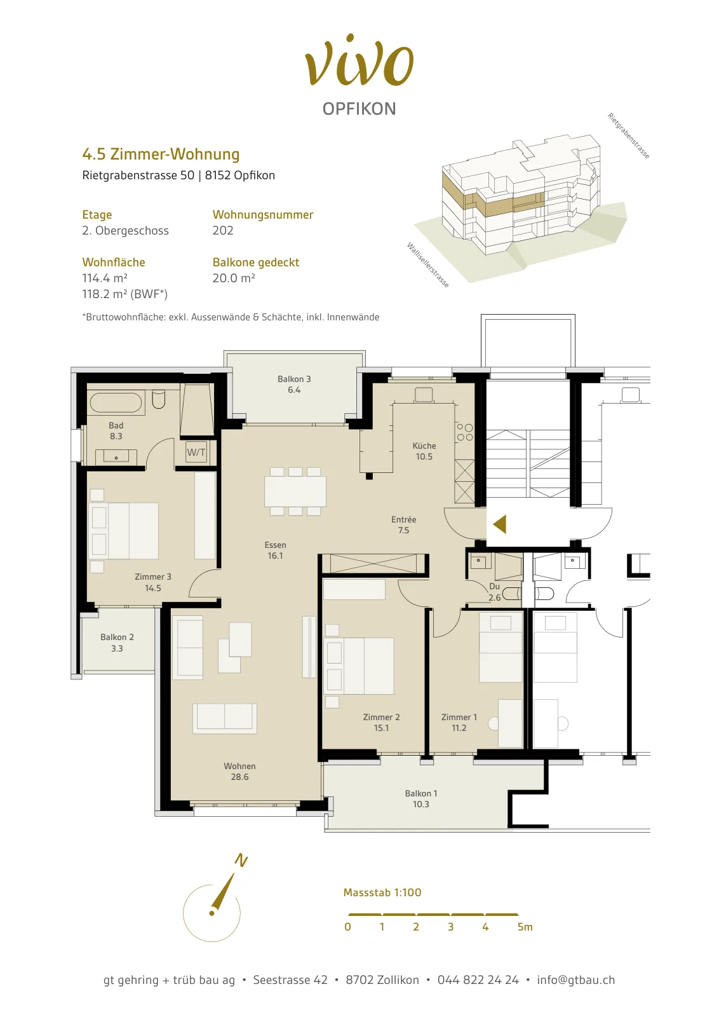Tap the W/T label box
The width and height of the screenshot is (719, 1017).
(x=196, y=452)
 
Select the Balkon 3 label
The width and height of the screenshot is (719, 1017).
(x=294, y=384)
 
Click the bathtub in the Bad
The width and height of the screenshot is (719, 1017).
(x=116, y=403)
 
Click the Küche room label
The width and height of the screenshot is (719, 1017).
(x=424, y=451)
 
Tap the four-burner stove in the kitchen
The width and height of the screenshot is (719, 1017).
(x=464, y=432)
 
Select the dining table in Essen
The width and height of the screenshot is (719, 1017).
(x=295, y=491)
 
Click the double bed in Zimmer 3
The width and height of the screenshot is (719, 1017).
(x=124, y=530)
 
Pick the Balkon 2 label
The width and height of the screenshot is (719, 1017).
(x=117, y=643)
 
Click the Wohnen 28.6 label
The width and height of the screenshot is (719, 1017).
(x=239, y=772)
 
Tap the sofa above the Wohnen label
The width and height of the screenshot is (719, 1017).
(x=225, y=719)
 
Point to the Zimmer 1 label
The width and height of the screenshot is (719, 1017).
(x=459, y=722)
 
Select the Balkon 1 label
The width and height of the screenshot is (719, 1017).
(x=421, y=798)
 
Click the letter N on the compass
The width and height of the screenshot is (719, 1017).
(x=241, y=860)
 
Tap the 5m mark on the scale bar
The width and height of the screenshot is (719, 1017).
(x=525, y=927)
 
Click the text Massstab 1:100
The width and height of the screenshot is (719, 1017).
(x=382, y=892)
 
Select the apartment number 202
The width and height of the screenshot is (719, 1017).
(x=223, y=230)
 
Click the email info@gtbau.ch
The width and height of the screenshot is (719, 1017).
(x=575, y=979)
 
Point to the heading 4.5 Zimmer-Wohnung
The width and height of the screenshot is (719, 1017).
(x=161, y=154)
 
